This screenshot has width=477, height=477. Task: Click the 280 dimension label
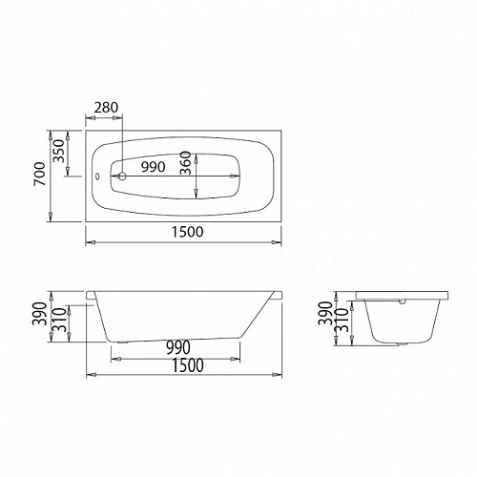pyautogui.click(x=106, y=108)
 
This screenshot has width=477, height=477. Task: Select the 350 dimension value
pyautogui.click(x=59, y=151)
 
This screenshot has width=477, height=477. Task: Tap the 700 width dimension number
pyautogui.click(x=40, y=174)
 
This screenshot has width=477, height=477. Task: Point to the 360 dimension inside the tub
pyautogui.click(x=185, y=163)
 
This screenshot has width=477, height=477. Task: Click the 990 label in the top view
pyautogui.click(x=154, y=167)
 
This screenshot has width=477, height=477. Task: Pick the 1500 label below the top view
pyautogui.click(x=187, y=232)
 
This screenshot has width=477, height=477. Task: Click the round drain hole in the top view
pyautogui.click(x=122, y=176)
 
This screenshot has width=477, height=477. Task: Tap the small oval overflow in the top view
pyautogui.click(x=97, y=176)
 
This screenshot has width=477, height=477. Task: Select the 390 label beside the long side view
pyautogui.click(x=40, y=314)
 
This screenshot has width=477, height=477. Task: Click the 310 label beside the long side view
pyautogui.click(x=59, y=320)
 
